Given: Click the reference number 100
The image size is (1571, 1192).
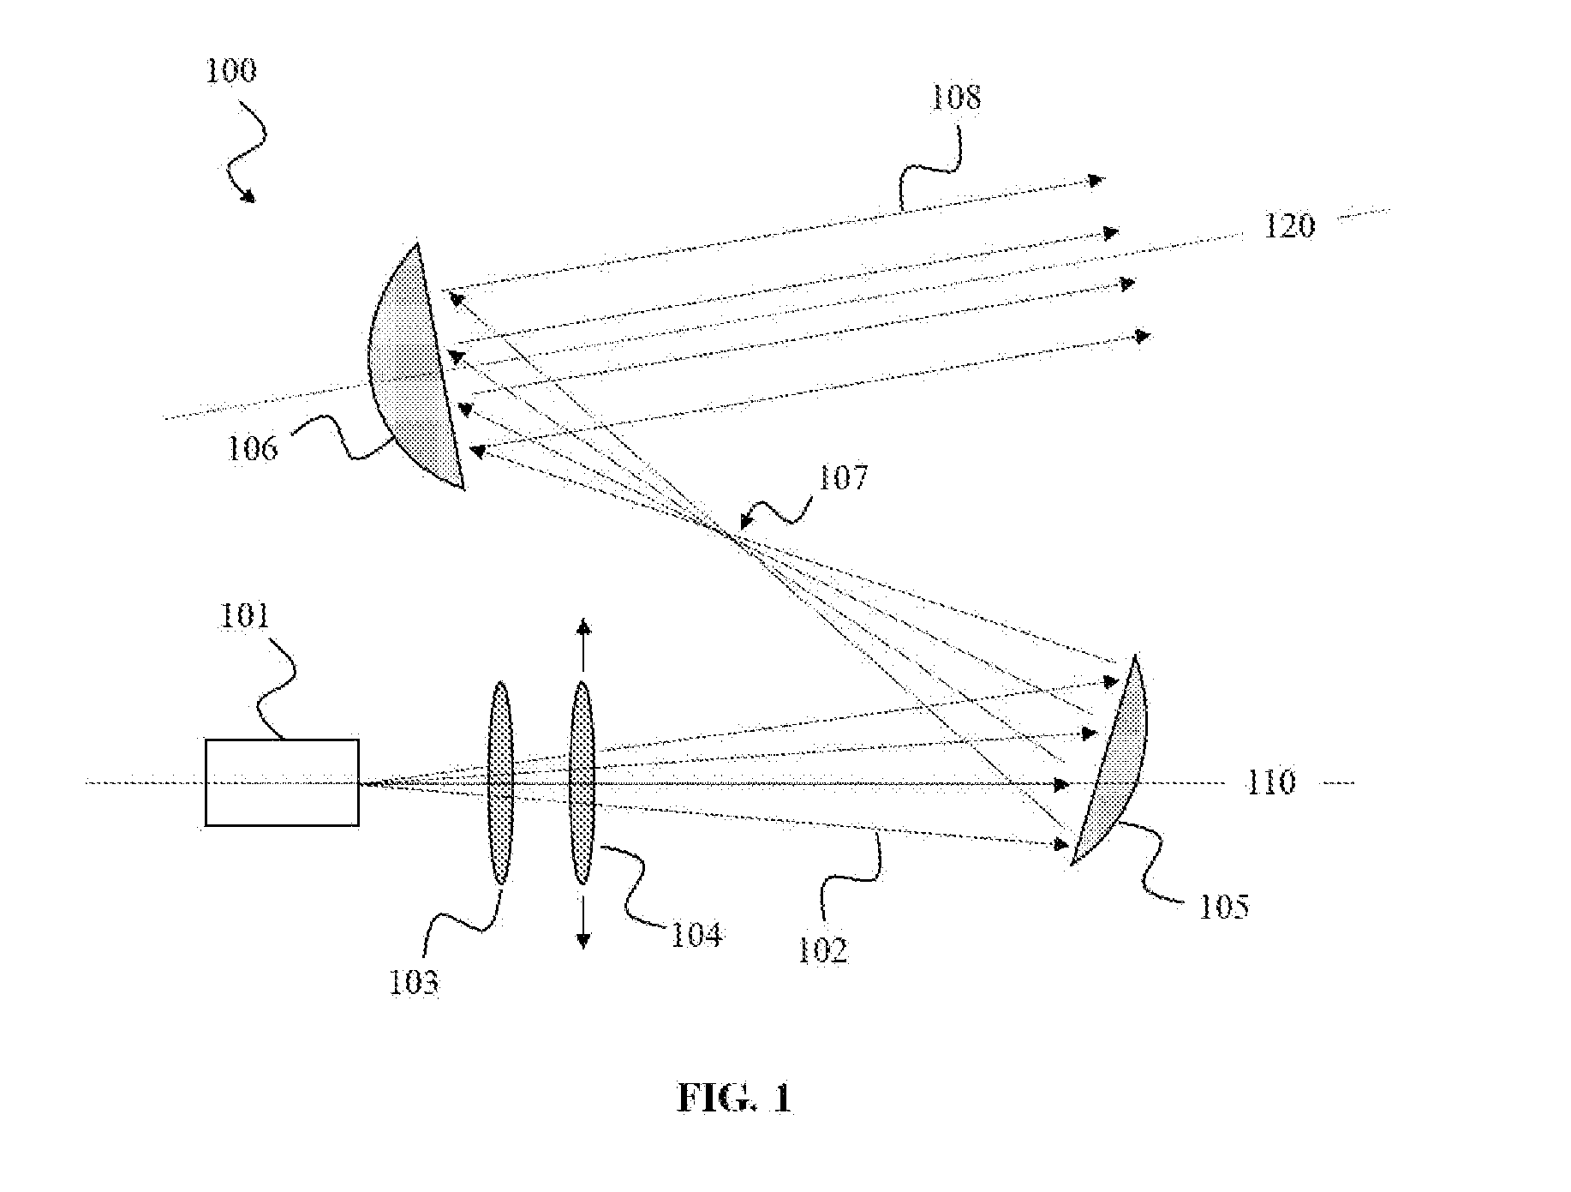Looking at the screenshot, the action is pos(230,70).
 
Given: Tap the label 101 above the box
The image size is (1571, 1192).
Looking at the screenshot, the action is pos(244,616).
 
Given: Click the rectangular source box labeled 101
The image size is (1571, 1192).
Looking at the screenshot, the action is pos(282,782).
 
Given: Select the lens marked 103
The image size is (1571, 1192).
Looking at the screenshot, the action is pos(500,782).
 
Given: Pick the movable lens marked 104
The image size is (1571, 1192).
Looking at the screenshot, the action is pos(582,782).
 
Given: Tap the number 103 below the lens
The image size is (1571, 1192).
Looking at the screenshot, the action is pos(414,982).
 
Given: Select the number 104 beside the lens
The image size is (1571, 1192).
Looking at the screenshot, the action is pos(696,935).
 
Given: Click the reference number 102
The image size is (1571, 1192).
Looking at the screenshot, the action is pos(822,951).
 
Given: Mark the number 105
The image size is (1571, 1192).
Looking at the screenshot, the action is pos(1223,907).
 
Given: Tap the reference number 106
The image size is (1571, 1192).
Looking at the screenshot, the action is pos(253,448).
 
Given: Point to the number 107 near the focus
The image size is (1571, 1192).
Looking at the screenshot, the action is pos(843,477).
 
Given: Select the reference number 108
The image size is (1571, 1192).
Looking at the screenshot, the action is pos(956,97).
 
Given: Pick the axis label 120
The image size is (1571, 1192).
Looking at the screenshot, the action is pos(1289,226).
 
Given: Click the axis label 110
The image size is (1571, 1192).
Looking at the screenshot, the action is pos(1270,782).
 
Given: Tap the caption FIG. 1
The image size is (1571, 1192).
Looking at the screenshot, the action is pos(734,1098).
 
